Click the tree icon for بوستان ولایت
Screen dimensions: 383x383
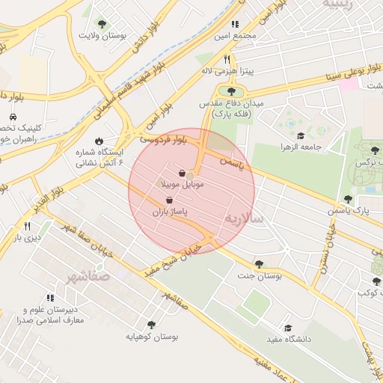[102, 23]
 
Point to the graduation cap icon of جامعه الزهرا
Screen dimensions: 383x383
[301, 135]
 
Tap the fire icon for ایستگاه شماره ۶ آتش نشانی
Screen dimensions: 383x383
[99, 141]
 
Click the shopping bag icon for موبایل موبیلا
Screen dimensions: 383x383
[182, 173]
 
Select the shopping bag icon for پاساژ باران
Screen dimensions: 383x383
[170, 200]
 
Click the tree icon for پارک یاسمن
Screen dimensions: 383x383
[348, 199]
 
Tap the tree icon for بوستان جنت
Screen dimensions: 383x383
[259, 263]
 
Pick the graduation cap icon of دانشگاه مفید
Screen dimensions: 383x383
[288, 328]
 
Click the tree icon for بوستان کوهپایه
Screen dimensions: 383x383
[151, 325]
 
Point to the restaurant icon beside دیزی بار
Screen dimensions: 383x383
[28, 225]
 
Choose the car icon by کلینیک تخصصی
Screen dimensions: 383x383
[13, 117]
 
